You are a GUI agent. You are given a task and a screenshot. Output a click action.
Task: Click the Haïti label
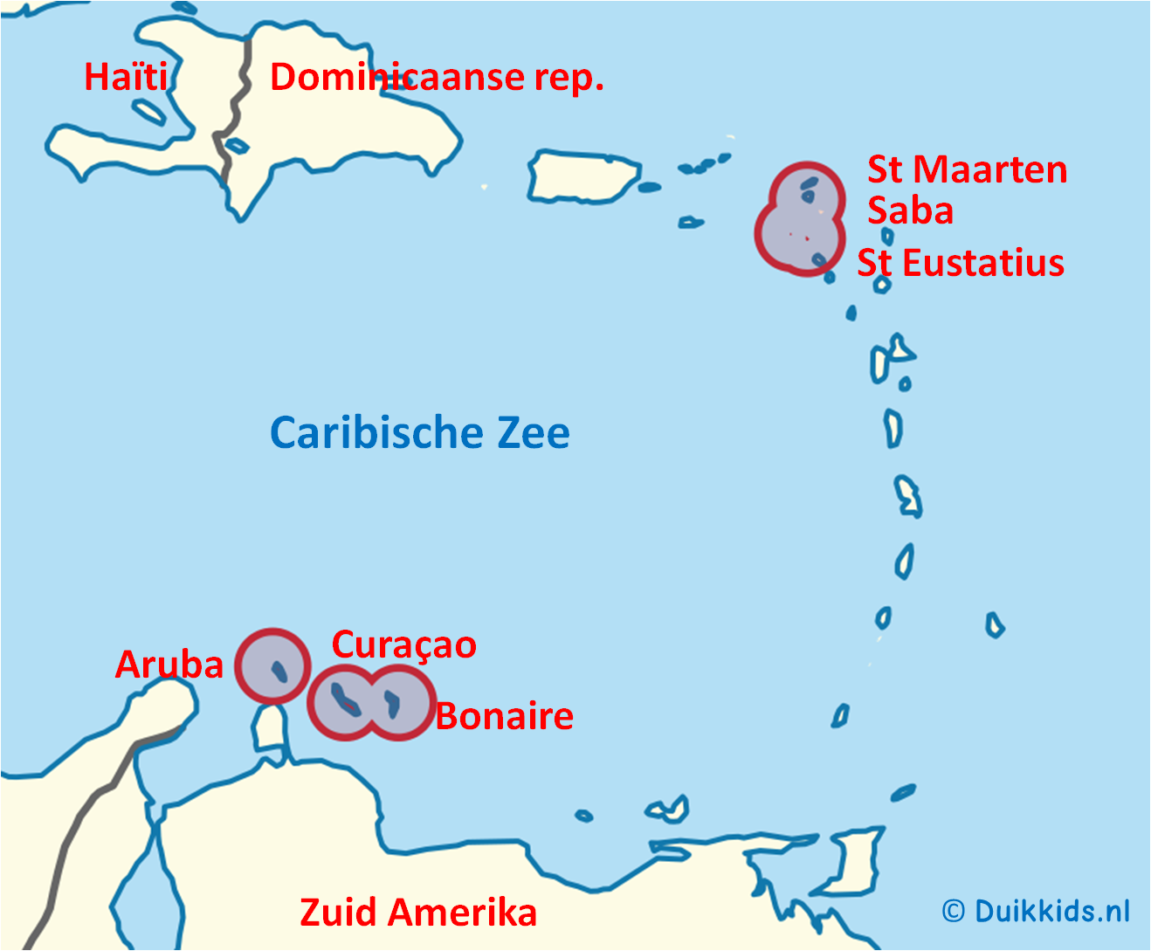tap(125, 77)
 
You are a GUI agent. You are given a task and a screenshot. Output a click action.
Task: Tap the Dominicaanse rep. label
tap(437, 77)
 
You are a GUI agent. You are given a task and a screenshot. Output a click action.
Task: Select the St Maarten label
tap(967, 169)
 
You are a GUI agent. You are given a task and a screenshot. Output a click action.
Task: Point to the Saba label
tap(910, 210)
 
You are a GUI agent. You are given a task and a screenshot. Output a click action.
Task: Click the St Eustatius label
tap(961, 263)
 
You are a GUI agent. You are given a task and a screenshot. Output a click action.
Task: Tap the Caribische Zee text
tap(419, 432)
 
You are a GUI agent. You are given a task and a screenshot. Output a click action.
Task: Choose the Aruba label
tap(169, 665)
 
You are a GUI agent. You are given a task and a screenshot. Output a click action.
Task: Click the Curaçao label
tap(403, 644)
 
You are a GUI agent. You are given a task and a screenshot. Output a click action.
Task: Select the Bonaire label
tap(505, 716)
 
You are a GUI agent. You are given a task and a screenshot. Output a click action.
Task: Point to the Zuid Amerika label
tap(417, 912)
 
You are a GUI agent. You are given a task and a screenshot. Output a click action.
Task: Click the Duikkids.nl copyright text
tap(1036, 911)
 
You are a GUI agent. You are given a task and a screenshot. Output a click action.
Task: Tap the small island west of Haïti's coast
tap(148, 111)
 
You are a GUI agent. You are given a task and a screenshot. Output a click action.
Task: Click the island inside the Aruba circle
tap(279, 671)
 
